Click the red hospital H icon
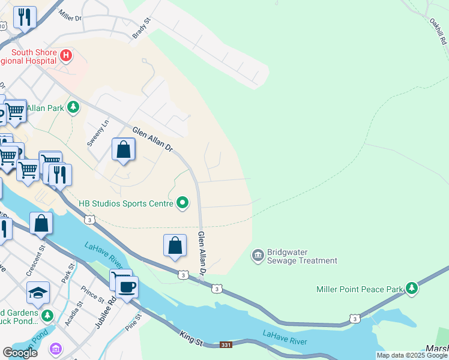coord(66,56)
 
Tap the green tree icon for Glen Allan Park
coord(73,108)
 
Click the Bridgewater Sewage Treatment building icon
coord(258,256)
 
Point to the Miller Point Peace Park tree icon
coord(411,289)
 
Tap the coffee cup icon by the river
coord(127,286)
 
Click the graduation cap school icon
coord(38,293)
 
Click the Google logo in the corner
coord(20,352)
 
